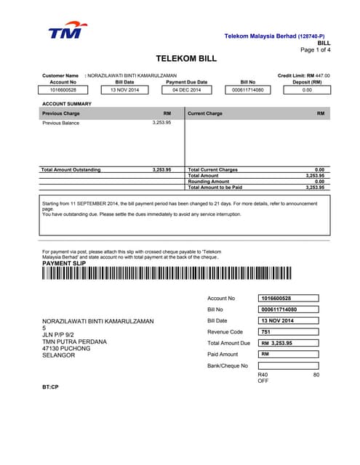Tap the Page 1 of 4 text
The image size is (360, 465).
[x=315, y=50]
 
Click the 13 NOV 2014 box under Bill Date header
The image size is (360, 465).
[x=124, y=90]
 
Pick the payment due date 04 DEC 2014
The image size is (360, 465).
[x=186, y=90]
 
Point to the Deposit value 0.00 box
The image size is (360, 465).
[x=307, y=90]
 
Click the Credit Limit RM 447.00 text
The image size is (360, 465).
[x=303, y=76]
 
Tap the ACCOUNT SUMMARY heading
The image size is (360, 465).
[x=67, y=104]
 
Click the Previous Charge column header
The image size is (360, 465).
[x=61, y=113]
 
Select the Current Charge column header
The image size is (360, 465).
[x=205, y=113]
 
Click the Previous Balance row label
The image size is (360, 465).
[x=60, y=123]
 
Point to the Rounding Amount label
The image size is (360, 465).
[x=209, y=182]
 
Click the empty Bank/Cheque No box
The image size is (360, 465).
[x=289, y=365]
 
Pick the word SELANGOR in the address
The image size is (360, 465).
[x=59, y=355]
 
